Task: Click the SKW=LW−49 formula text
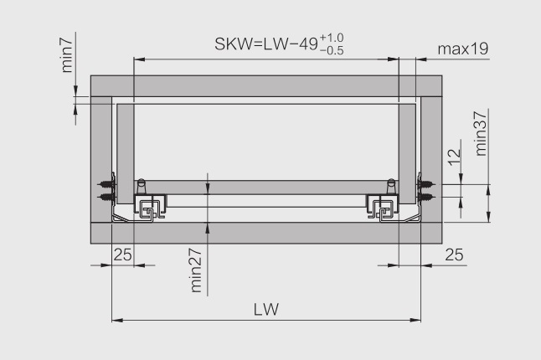click(266, 44)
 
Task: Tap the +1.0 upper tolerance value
click(332, 38)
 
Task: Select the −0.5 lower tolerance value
click(332, 51)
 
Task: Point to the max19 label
click(463, 49)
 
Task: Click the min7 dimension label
click(67, 55)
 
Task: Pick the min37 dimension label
click(480, 133)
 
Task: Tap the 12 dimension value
click(455, 157)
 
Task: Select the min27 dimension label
click(196, 270)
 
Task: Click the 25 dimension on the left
click(123, 255)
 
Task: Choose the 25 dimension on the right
click(454, 255)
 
